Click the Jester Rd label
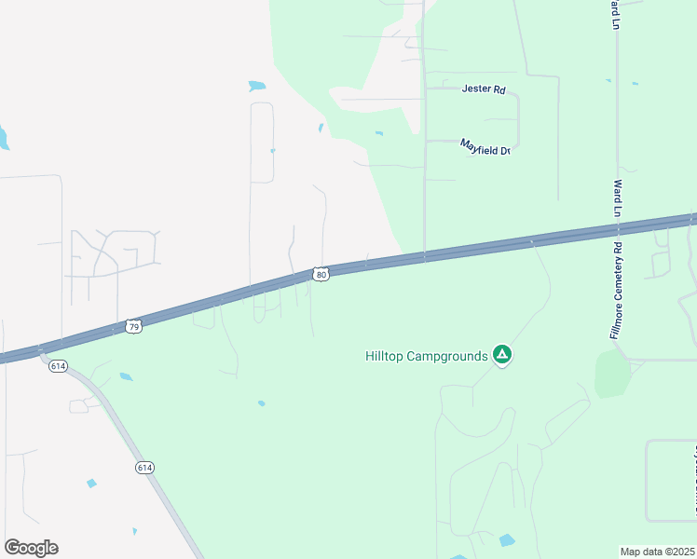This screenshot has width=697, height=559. click(x=483, y=89)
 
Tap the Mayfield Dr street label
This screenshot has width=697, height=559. click(x=485, y=146)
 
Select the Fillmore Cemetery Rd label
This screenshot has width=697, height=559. click(x=616, y=289)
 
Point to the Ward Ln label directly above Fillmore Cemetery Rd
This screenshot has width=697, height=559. click(x=616, y=198)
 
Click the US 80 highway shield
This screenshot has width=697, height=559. click(x=321, y=274)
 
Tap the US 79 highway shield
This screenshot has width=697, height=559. click(x=133, y=326)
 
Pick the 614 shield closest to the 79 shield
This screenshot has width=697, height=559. click(x=58, y=366)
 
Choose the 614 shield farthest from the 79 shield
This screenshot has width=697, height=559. click(x=143, y=466)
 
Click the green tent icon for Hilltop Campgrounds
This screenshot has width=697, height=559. click(x=502, y=354)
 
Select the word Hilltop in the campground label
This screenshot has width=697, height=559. click(x=387, y=356)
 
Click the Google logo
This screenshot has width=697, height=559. click(x=31, y=548)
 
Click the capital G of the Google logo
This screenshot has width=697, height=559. click(x=12, y=547)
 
